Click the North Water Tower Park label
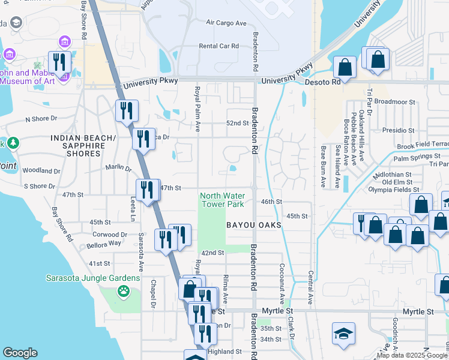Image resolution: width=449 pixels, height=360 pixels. pos(221,200)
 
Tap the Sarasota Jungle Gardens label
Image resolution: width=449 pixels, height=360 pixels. pos(93,278)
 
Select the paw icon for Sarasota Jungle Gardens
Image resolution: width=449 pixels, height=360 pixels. pos(124,292)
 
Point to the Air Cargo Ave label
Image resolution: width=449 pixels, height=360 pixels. pos(226,23)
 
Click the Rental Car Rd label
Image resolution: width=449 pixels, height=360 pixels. pos(218,46)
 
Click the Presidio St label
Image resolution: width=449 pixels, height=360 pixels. pos(399,130)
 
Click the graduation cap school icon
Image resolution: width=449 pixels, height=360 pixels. pos(343,334)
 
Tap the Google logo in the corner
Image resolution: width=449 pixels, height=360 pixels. pos(20,353)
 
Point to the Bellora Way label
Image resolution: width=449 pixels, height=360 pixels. pos(103,244)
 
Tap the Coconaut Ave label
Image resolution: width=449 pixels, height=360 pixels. pos(281,282)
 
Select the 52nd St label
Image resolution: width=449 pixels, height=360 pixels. pos(237,123)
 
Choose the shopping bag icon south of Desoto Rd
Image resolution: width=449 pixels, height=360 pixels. pos(345,67)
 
